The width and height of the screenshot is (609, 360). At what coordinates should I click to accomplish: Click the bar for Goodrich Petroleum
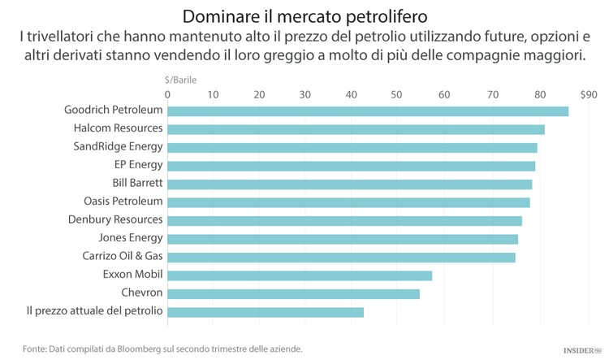pos(368,111)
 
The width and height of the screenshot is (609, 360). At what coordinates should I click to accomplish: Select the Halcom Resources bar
pos(356,129)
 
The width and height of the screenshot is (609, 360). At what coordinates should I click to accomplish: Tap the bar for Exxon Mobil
pos(300,275)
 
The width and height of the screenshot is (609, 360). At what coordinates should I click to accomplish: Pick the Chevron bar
pos(293,293)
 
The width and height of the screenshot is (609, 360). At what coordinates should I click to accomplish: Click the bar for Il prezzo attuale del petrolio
pos(266,312)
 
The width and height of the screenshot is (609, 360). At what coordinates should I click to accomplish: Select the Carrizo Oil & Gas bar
pos(341,257)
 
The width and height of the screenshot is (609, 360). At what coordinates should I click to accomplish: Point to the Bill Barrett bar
pos(350,184)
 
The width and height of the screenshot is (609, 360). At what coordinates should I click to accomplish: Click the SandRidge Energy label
pos(119,147)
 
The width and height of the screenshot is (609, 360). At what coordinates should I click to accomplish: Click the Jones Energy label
pos(131,238)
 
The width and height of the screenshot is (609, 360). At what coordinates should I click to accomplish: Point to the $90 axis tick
pos(588,94)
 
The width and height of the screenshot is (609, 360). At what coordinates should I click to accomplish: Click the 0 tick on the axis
pos(167,94)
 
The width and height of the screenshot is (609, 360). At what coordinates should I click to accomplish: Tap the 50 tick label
pos(398,94)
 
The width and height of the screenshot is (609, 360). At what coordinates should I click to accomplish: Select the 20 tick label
pos(260,94)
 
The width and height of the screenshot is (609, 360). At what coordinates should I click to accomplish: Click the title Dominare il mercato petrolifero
pos(304,16)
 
